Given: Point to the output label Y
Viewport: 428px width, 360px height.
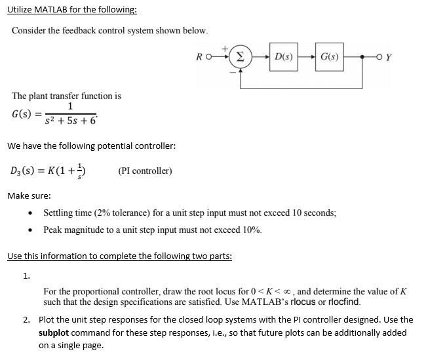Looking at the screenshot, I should point(389,58).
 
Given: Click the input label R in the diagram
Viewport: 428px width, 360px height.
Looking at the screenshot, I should point(200,58).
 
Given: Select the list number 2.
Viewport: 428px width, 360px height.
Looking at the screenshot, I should point(26,319).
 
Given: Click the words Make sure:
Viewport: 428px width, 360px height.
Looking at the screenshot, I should point(29,195).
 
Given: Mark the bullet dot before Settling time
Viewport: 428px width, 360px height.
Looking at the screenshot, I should point(30,214).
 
